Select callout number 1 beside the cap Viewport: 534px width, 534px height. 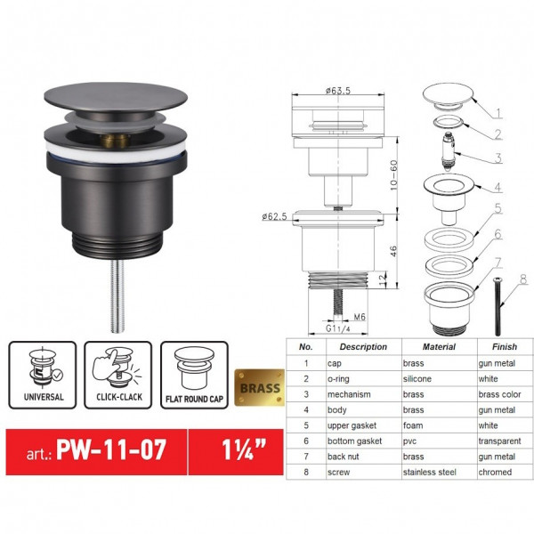pos(498,113)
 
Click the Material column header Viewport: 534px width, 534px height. pos(427,346)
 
